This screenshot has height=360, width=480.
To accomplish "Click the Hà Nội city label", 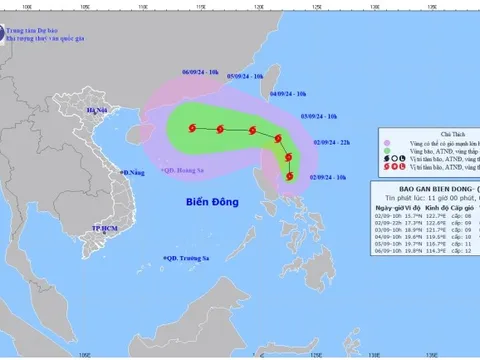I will [x=98, y=109].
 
